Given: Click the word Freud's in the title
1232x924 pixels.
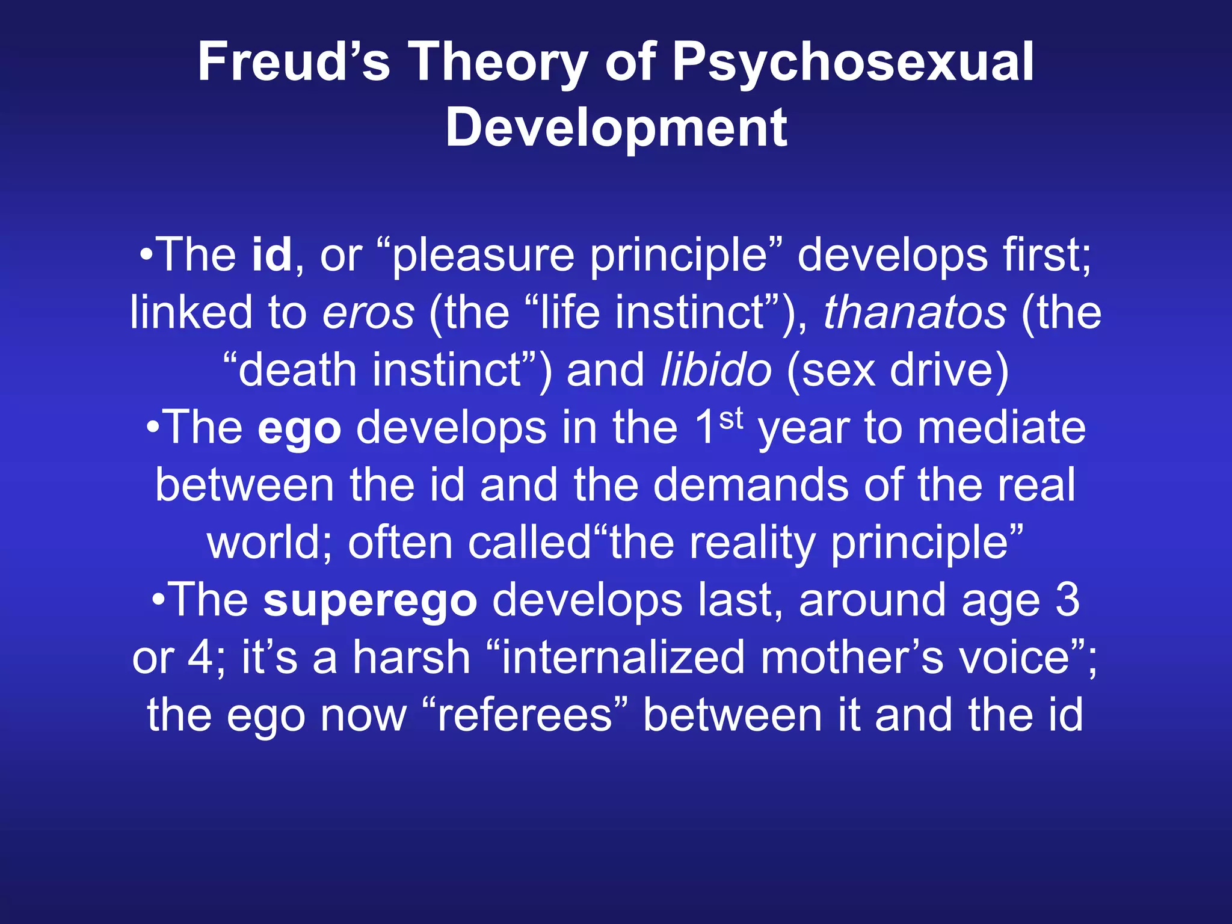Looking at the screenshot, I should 294,62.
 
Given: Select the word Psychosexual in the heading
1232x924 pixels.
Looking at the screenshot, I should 852,62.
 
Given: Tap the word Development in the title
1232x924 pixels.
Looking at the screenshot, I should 616,127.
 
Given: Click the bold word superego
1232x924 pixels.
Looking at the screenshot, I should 370,600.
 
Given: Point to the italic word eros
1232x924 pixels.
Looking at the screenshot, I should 368,313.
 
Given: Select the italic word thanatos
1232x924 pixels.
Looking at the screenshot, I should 914,313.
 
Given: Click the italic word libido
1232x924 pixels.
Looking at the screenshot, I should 715,370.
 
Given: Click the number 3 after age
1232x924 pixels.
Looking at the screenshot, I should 1067,600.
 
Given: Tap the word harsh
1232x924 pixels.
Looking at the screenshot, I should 411,658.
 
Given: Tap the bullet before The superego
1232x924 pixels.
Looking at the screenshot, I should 158,600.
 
